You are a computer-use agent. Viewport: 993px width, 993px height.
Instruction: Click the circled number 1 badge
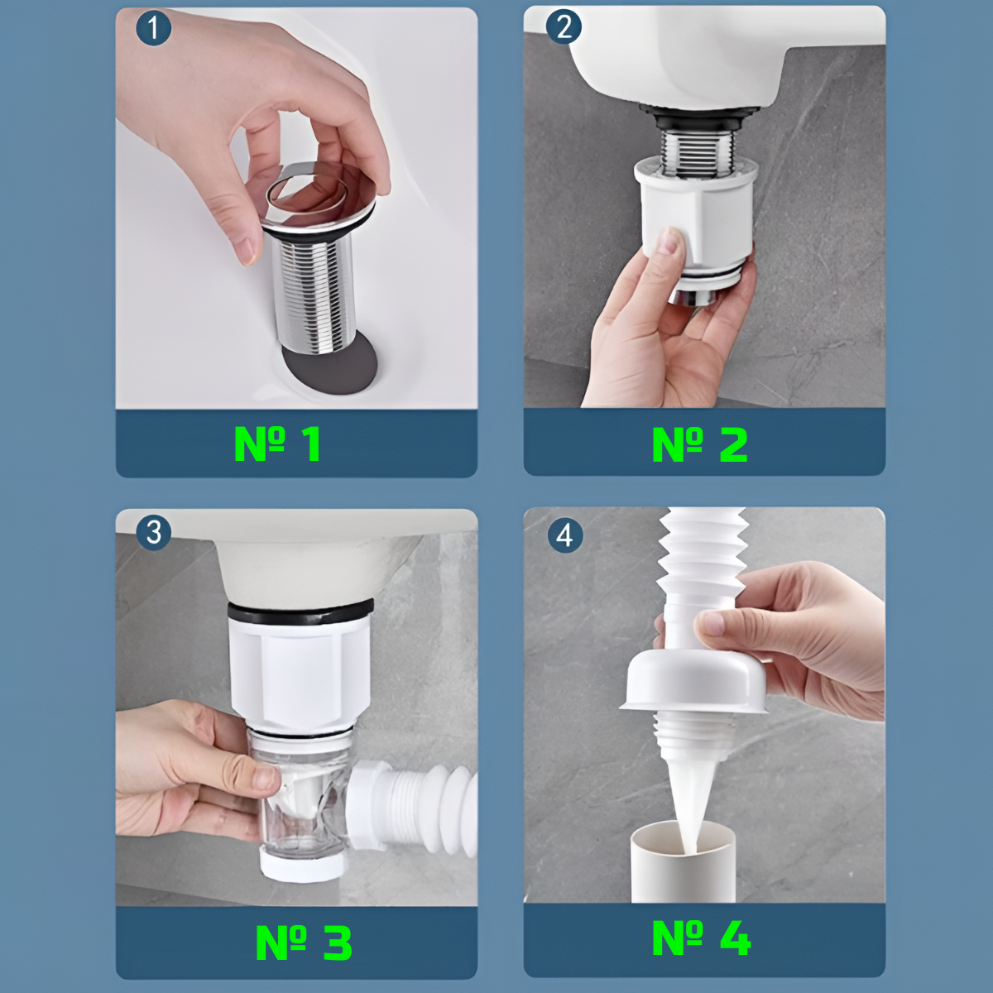pos(153,28)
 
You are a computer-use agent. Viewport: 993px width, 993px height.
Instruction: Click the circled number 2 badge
pos(564,26)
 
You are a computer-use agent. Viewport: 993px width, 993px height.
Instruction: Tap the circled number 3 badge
pos(154,532)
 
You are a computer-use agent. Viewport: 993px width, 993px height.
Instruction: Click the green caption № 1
pos(278,444)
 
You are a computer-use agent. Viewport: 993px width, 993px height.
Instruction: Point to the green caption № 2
pos(700,444)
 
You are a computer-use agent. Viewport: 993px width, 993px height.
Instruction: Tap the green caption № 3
pos(304,943)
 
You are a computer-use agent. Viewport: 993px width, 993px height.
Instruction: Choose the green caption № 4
pos(702,938)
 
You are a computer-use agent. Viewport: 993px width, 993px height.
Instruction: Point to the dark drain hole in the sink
pos(330,366)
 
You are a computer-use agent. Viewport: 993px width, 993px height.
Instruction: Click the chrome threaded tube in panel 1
pos(314,294)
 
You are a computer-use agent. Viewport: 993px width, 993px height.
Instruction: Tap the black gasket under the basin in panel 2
pos(700,117)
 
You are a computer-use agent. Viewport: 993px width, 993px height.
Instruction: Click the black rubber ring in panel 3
pos(300,612)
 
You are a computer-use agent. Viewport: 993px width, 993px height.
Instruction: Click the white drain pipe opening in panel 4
pos(684,830)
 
